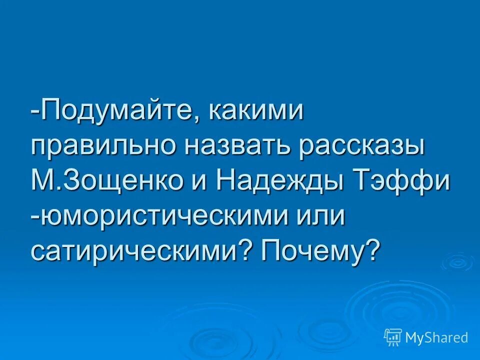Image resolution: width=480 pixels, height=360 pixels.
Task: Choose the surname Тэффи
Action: pos(400,180)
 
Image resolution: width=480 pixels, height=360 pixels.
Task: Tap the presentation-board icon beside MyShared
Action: pos(393,337)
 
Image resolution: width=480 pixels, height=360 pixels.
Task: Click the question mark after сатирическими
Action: pos(244,248)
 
